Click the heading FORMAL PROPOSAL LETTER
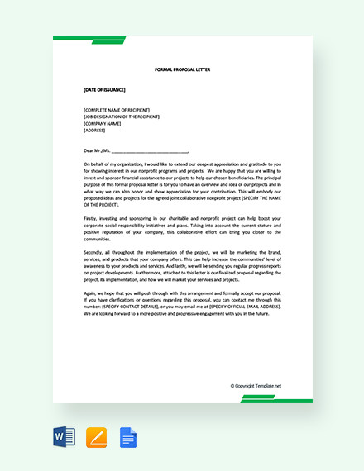click(182, 70)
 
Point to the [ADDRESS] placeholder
click(95, 130)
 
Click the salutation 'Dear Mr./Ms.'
click(96, 152)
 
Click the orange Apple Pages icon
click(97, 436)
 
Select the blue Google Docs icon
click(128, 436)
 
